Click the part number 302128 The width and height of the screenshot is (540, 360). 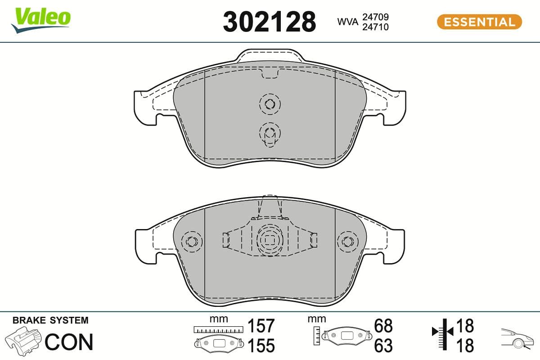point(269,22)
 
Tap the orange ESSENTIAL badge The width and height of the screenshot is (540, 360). point(479,22)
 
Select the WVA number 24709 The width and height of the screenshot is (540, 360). point(376,17)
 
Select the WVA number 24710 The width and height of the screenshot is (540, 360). point(376,27)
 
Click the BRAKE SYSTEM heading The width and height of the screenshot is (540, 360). point(50,320)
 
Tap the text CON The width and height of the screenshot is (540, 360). point(69,342)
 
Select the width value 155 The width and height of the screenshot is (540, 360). point(261,346)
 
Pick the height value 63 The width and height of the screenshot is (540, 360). point(383,346)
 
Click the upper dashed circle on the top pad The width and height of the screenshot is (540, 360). point(270,104)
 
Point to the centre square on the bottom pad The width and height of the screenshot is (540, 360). point(269,240)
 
